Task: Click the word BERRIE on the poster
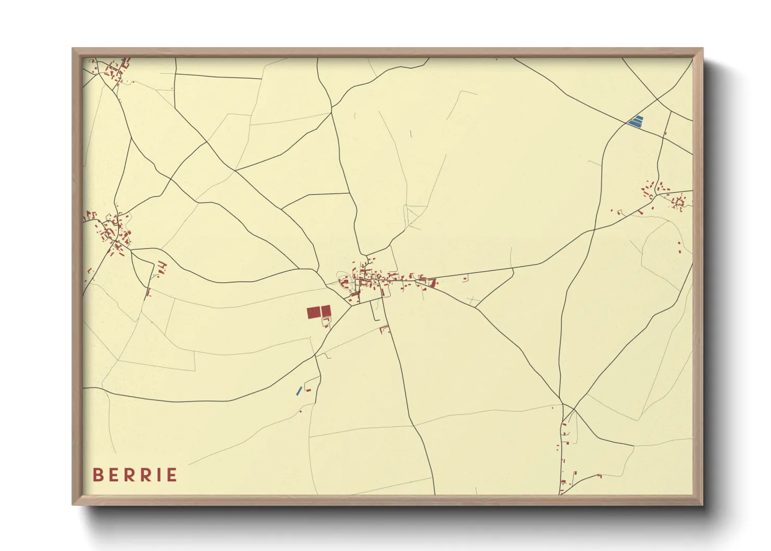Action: tap(135, 475)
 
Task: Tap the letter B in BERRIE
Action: tap(97, 475)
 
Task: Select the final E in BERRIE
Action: tap(171, 475)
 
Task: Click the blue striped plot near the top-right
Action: tap(636, 121)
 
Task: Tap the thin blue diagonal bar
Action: tap(299, 391)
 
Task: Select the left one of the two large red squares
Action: tap(313, 312)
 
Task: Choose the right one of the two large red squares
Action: tap(326, 311)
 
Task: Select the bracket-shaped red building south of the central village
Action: tap(384, 329)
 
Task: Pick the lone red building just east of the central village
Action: tap(465, 279)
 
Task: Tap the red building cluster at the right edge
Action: tap(667, 195)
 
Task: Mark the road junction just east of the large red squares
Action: tap(351, 305)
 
